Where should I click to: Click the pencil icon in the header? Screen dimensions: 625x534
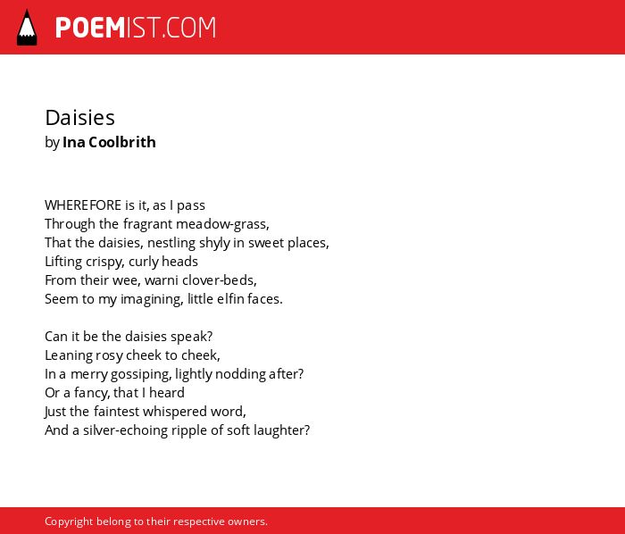pos(27,27)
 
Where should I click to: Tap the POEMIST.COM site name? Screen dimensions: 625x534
pos(136,28)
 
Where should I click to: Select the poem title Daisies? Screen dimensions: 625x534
pos(79,118)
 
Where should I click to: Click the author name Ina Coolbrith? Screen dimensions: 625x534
pos(109,142)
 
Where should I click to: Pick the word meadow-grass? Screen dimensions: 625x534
pos(222,224)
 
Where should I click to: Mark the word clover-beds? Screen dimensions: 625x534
pos(220,280)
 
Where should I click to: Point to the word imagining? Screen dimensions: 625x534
pos(152,299)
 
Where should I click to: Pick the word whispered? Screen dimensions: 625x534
pos(175,412)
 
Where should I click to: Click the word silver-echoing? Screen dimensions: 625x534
pos(125,430)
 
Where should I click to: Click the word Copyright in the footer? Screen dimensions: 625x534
pos(69,521)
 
